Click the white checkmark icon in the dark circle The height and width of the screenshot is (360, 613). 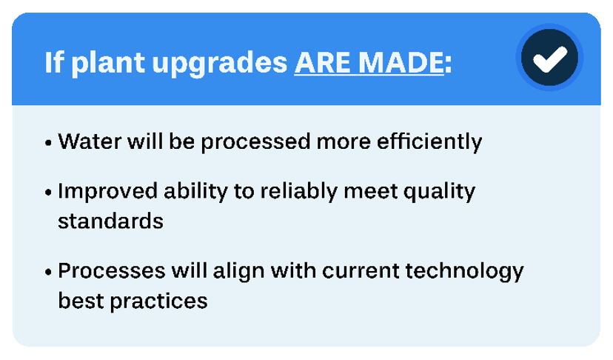(549, 59)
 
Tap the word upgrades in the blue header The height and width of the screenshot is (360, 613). (220, 64)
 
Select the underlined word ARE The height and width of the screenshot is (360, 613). (323, 62)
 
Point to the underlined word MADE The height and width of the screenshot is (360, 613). (401, 62)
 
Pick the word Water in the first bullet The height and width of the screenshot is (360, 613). (90, 141)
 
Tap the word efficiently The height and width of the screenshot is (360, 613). (429, 142)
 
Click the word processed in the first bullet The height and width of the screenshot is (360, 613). (255, 142)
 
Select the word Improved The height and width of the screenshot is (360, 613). (107, 192)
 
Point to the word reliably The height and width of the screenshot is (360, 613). (298, 192)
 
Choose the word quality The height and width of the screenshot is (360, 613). (439, 192)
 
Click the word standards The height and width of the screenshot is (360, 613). (110, 221)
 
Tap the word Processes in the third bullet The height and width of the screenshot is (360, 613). (111, 271)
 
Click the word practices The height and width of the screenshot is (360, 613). (158, 301)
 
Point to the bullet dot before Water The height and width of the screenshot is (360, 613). (48, 143)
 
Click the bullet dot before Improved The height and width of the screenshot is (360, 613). (48, 193)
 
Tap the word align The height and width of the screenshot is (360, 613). (239, 272)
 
